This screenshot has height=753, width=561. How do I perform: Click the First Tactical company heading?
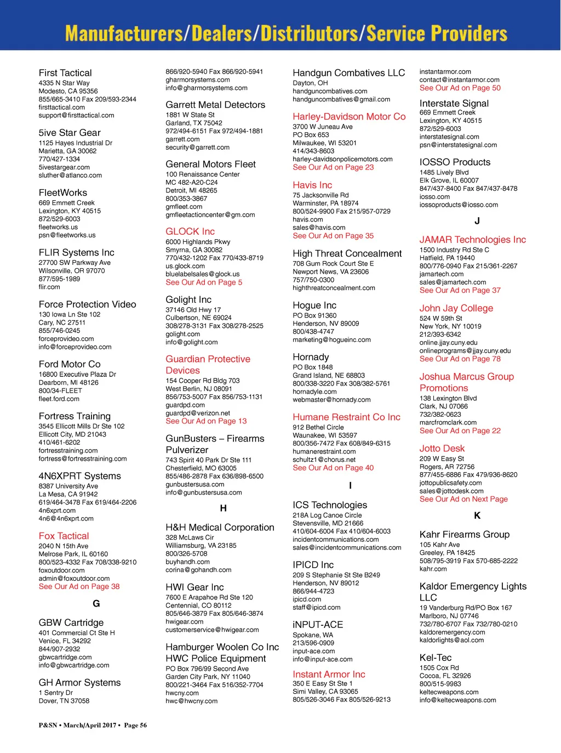tap(65, 73)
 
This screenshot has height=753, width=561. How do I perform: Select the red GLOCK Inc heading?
tap(190, 231)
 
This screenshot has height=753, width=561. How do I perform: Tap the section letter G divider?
tap(96, 603)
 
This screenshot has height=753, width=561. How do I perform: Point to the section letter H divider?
tap(223, 508)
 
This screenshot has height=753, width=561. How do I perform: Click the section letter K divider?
tap(477, 516)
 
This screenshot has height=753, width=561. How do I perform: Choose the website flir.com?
tap(49, 287)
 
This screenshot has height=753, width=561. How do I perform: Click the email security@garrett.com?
tap(197, 148)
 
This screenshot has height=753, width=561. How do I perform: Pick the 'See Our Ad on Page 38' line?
tap(79, 586)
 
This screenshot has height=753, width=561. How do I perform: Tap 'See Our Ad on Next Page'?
tap(463, 499)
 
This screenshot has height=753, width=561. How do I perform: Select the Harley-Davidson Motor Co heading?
tap(349, 116)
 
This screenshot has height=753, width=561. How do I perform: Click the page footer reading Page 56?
tap(135, 725)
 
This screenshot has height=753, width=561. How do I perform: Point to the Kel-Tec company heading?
tap(436, 658)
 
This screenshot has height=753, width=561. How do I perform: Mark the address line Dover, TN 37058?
tap(64, 701)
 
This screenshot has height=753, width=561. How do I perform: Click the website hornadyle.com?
tap(314, 392)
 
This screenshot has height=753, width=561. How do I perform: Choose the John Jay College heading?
tap(456, 308)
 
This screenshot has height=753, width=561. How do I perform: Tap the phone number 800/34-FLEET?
tap(60, 390)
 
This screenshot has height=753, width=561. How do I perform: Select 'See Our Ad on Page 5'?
tap(204, 282)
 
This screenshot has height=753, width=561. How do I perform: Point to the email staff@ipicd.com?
tap(317, 608)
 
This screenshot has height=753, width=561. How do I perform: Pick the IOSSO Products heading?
tap(455, 162)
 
